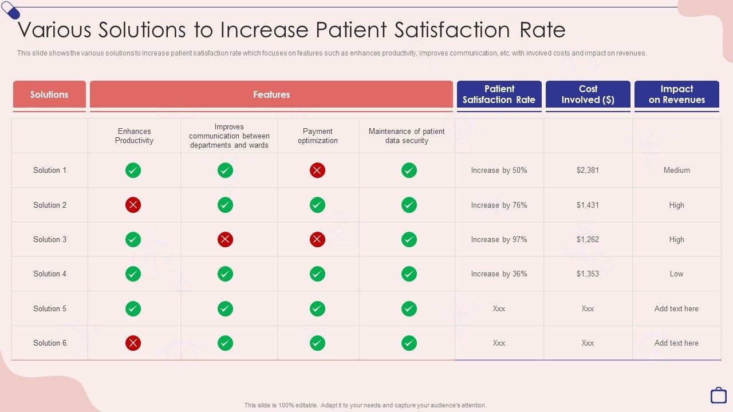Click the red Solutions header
(x=49, y=94)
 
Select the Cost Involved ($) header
(x=588, y=94)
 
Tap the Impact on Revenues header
(x=676, y=94)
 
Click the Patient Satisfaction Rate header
(x=499, y=94)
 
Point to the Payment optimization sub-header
(x=318, y=136)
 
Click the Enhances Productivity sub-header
(x=134, y=136)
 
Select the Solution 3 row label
(x=50, y=239)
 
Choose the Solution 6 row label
(x=50, y=343)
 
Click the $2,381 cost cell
(x=588, y=170)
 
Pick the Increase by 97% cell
(x=499, y=239)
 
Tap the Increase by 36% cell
(x=499, y=274)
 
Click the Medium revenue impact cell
(x=676, y=170)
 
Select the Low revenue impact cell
(x=676, y=274)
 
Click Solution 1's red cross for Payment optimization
(x=317, y=170)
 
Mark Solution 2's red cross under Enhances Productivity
(x=133, y=205)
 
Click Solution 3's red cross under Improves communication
(x=225, y=239)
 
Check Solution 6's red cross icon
(x=133, y=343)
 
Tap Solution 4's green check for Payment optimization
(x=317, y=274)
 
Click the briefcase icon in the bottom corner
(x=718, y=395)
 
